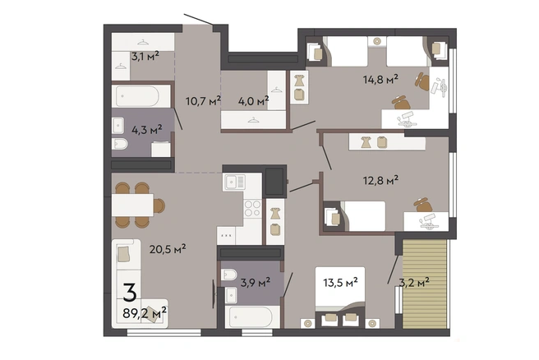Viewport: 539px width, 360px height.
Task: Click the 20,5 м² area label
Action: pos(168,248)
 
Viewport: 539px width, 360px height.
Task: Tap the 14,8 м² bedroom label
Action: pos(380,80)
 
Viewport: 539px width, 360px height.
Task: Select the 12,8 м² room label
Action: pos(380,180)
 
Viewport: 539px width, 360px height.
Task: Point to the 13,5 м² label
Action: pos(340,283)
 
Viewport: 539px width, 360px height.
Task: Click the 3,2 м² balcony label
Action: pos(414,283)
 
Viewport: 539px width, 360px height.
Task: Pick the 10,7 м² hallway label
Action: pos(203,101)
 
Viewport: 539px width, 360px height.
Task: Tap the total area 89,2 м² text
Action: pos(145,312)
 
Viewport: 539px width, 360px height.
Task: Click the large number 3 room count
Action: pos(130,293)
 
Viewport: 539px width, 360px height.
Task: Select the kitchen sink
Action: pos(235,182)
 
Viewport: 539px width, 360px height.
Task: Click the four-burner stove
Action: pos(252,209)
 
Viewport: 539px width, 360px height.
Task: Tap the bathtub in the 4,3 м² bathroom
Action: pos(137,96)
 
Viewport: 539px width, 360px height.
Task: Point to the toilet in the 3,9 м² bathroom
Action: pos(228,275)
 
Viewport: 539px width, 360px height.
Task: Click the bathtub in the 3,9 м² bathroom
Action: pos(252,316)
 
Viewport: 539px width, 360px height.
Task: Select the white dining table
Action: pos(132,205)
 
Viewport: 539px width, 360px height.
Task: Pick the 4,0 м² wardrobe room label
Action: pos(253,101)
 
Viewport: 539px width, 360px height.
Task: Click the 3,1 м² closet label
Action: pos(145,56)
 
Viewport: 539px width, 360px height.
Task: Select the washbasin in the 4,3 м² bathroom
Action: pos(118,126)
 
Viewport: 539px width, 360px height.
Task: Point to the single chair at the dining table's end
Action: pos(159,205)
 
